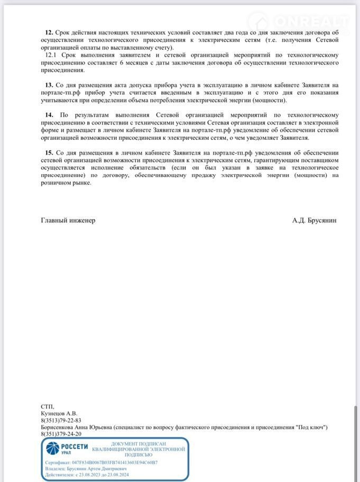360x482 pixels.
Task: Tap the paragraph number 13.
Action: coord(49,85)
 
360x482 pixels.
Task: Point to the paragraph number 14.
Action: coord(49,115)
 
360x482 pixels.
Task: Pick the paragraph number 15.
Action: coord(49,152)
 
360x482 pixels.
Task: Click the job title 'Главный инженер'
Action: coord(68,220)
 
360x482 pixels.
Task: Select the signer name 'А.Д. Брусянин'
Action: coord(314,220)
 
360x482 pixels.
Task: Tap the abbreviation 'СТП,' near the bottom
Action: coord(47,406)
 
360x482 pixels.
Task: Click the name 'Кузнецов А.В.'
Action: coord(59,413)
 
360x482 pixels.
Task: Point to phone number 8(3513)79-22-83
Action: coord(61,420)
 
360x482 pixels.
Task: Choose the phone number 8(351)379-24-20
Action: coord(61,434)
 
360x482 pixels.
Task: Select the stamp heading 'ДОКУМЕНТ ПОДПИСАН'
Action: coord(139,444)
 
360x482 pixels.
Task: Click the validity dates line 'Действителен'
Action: coord(87,475)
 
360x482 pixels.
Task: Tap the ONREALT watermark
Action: coord(299,21)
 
